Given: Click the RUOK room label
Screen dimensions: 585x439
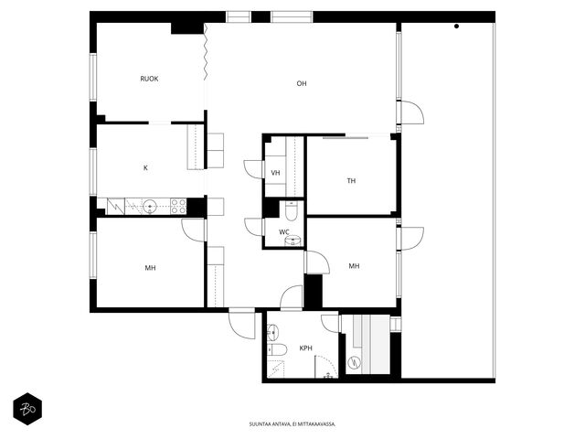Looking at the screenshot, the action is pos(149,79).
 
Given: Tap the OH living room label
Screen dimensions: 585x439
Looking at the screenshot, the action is pos(302,83).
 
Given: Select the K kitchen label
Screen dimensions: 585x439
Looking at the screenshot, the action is pos(145,168).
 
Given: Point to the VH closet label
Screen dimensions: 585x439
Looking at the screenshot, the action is pos(275,173).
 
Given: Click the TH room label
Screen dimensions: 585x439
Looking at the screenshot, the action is pos(351,181).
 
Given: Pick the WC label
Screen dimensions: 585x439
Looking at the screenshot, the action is pos(284,232).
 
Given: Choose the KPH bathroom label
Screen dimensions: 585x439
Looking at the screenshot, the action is pos(306,348).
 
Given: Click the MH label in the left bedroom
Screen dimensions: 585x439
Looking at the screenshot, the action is pos(150,268).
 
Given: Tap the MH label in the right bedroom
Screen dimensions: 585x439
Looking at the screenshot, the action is pos(354,266).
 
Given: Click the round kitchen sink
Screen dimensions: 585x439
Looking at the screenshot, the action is pos(150,206).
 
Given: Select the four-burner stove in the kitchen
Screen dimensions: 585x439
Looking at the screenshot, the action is pos(178,207).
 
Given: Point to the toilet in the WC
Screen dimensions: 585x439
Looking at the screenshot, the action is pos(291,211).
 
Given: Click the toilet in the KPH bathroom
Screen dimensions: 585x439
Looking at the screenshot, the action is pos(277,349).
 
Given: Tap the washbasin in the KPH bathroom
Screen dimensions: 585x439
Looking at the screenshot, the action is pos(272,331).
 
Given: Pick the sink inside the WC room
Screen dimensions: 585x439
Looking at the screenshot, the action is pos(293,241).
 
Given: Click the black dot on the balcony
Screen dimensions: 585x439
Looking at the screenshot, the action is pos(456,27).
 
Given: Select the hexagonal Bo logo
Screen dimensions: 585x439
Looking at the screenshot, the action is pos(27,409).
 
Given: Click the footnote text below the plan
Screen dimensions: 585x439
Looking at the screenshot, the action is pos(292,424).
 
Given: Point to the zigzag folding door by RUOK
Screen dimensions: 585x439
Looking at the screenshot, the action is pos(205,51).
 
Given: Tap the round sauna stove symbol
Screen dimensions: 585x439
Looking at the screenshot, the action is pos(354,362).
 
